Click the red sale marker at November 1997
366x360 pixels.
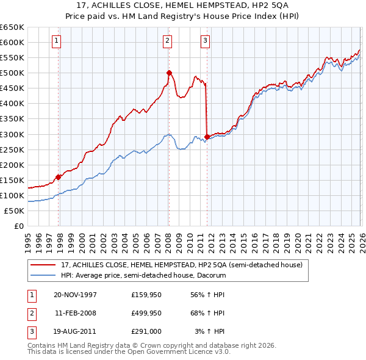[59, 177]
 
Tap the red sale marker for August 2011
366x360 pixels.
[207, 137]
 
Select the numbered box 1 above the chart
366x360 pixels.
[56, 41]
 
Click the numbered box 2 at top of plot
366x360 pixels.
[167, 41]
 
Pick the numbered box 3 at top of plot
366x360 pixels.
[205, 41]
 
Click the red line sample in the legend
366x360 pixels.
[43, 265]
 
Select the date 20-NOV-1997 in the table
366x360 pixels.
[75, 294]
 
